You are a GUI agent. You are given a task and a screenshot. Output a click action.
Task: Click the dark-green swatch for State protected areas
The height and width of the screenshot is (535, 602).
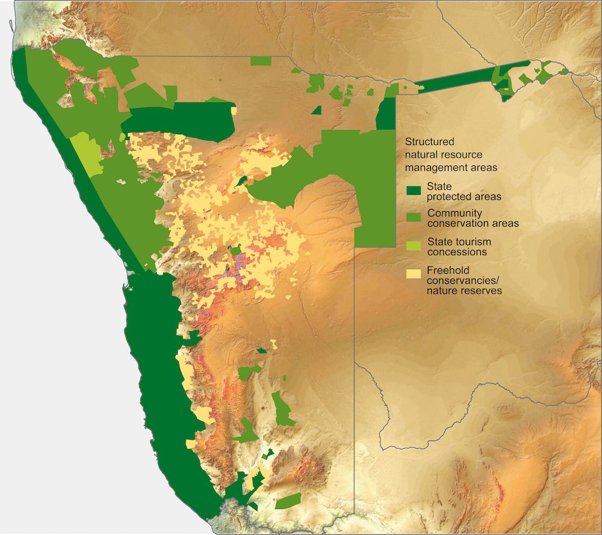413,191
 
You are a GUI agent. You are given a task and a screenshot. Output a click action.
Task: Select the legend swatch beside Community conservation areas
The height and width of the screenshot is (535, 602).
413,218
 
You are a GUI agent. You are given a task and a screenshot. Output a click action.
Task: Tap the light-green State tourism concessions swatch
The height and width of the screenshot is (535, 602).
413,246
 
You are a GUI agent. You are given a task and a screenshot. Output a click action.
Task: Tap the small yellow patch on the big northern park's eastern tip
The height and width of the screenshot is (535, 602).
234,111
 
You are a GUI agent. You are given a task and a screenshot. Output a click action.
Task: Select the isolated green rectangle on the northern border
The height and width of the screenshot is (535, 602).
261,61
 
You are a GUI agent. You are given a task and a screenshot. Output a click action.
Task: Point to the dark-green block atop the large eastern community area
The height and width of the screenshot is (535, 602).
385,113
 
